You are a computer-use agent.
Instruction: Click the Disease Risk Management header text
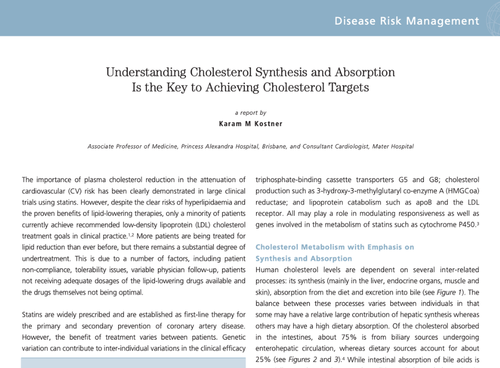(x=407, y=21)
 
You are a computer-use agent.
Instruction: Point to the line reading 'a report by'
(x=250, y=113)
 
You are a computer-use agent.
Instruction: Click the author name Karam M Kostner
(x=250, y=124)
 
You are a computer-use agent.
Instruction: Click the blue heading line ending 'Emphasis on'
(x=335, y=247)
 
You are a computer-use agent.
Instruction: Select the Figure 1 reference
(x=455, y=292)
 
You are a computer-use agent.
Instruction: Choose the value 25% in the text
(x=264, y=360)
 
